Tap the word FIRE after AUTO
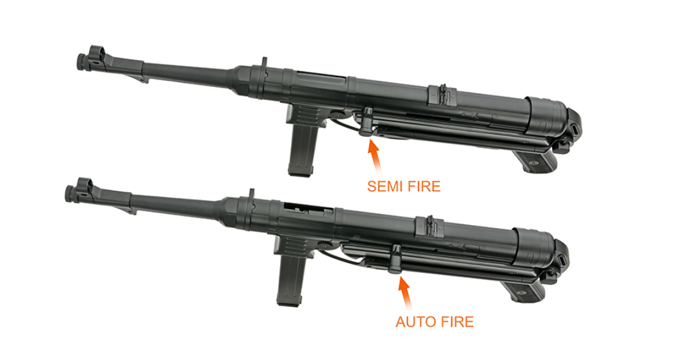(x=456, y=322)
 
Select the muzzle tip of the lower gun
(x=68, y=193)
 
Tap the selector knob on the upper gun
(x=366, y=120)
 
